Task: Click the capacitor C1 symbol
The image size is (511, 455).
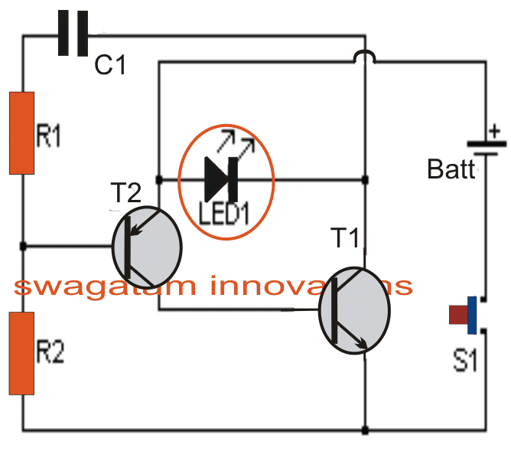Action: coord(73,35)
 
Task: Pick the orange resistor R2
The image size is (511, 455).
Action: coord(22,353)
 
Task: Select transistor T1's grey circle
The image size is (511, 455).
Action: coord(354,310)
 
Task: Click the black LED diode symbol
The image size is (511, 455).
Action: coord(216,180)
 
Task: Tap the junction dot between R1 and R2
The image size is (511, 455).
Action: coord(23,246)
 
